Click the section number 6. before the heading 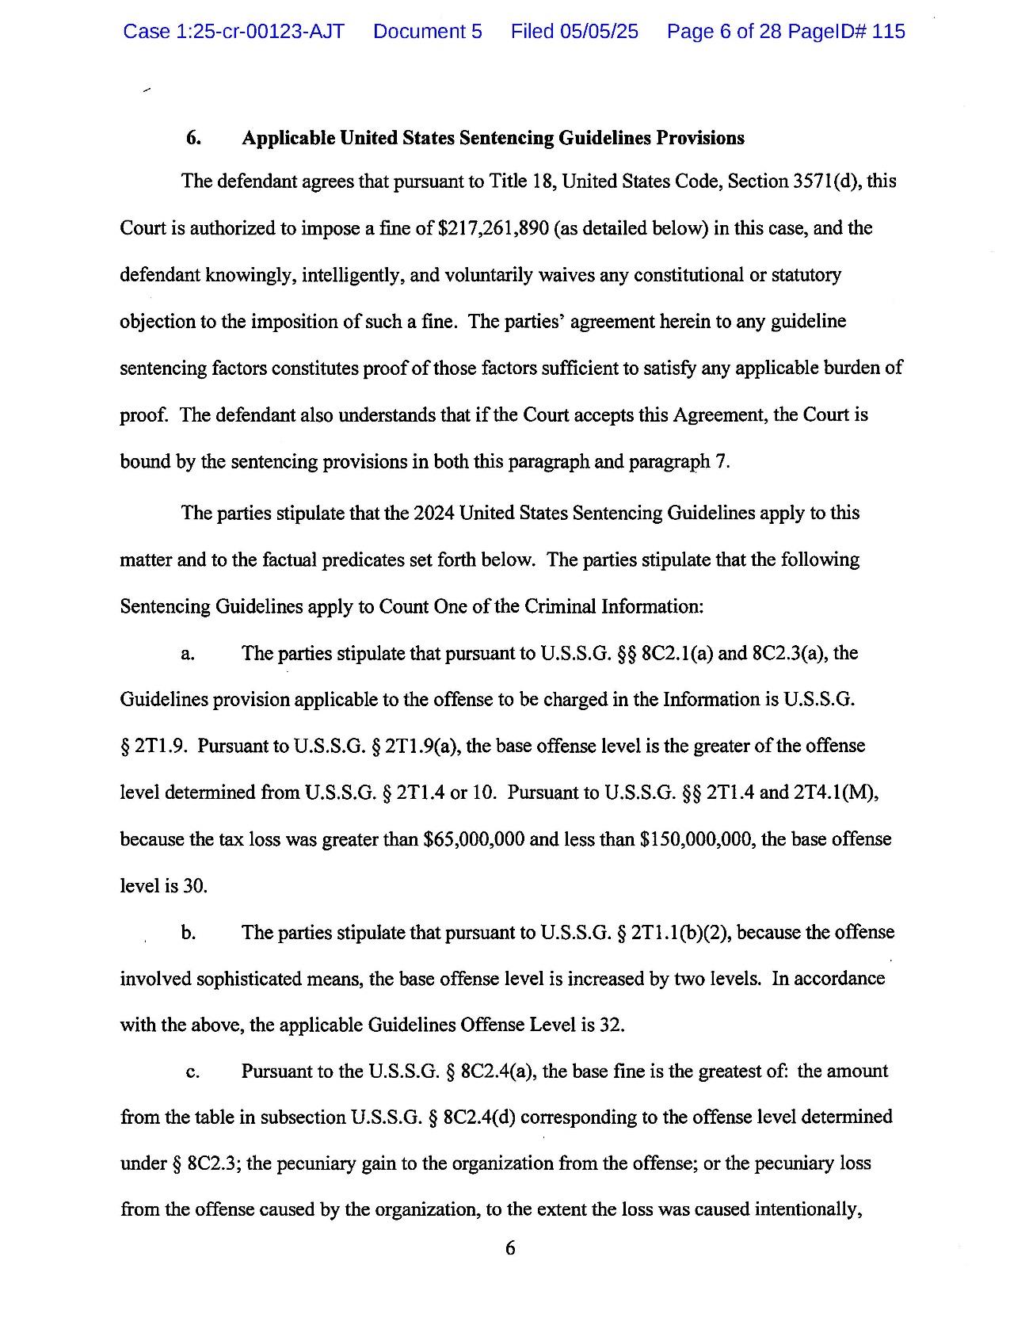pos(193,138)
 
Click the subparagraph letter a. pos(187,654)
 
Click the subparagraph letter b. pos(188,933)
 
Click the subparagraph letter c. pos(191,1072)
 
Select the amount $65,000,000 pos(474,839)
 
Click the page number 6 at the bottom pos(510,1249)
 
